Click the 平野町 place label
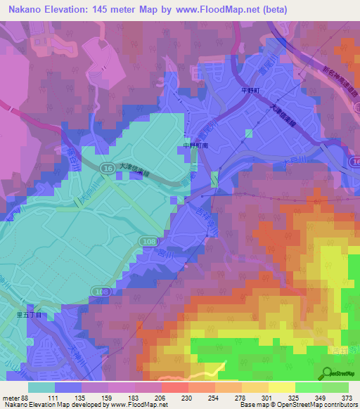click(x=252, y=90)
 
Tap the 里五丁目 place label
click(x=31, y=317)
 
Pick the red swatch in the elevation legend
click(x=175, y=387)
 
